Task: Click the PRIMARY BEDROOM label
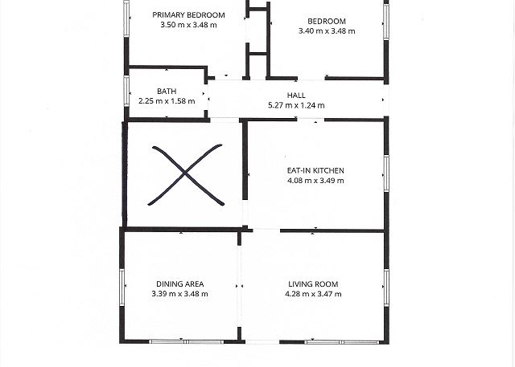coord(188,15)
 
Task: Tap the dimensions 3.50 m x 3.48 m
coord(188,25)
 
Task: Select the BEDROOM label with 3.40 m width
coord(327,22)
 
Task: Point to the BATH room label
coord(167,91)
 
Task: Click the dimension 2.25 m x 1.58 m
coord(167,101)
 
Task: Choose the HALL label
coord(296,96)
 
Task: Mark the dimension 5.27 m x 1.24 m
coord(296,105)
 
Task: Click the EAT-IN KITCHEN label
coord(315,170)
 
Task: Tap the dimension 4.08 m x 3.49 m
coord(315,180)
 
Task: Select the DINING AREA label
coord(180,284)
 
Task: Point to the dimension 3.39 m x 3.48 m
coord(179,294)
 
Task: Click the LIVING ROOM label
coord(313,284)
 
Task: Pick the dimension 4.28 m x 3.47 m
coord(313,294)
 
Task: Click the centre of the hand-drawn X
coord(185,174)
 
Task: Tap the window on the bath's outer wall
coord(126,91)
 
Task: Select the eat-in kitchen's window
coord(386,173)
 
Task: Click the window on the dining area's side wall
coord(122,287)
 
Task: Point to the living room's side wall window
coord(386,287)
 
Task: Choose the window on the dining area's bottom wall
coord(186,342)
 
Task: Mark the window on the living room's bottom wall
coord(341,342)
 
